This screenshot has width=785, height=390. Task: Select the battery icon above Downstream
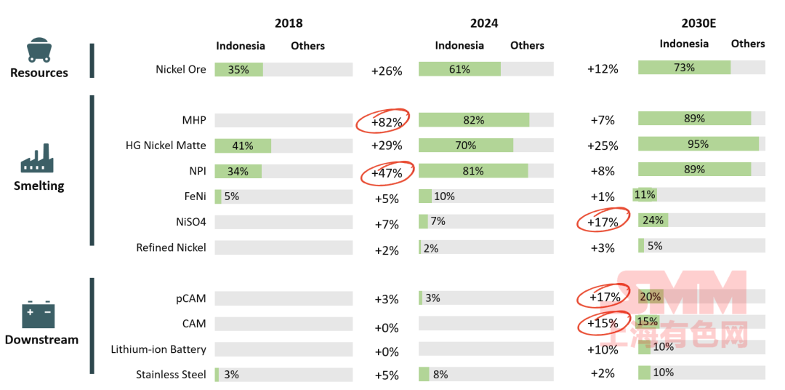pos(39,314)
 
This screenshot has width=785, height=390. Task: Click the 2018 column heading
pos(289,23)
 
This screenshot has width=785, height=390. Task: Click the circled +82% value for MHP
pos(386,122)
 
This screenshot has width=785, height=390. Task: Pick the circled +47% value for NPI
pos(386,172)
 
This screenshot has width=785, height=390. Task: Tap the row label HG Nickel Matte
pos(166,146)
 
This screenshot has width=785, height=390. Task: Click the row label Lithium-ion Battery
pos(158,349)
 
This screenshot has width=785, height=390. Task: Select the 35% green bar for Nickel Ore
pos(239,70)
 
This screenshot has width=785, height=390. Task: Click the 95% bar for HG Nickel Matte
pos(698,144)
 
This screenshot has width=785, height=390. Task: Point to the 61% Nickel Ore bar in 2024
pos(459,70)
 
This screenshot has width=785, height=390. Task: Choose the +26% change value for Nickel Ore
pos(386,71)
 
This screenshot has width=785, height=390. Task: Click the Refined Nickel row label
pos(171,247)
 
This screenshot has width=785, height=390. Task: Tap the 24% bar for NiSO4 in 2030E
pos(652,220)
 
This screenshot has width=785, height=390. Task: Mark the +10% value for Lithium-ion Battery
pos(603,350)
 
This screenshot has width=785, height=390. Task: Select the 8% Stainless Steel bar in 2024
pos(424,375)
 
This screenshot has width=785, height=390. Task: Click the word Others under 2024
pos(527,45)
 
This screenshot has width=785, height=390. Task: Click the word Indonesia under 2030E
pos(684,44)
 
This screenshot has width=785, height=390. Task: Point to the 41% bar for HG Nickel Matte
pos(243,146)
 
